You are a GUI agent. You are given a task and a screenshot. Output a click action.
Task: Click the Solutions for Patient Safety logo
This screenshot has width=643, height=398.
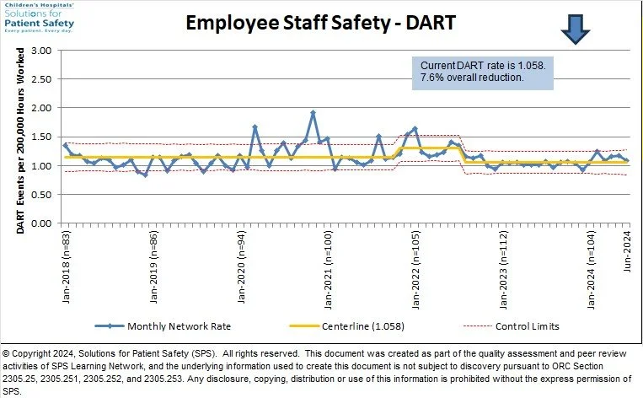tap(40, 16)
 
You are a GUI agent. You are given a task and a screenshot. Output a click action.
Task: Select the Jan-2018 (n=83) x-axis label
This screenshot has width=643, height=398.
tap(67, 266)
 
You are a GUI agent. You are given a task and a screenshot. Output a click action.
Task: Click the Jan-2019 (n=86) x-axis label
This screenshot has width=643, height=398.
tap(153, 266)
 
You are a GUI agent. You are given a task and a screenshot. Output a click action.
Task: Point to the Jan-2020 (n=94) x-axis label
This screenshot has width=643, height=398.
tap(241, 266)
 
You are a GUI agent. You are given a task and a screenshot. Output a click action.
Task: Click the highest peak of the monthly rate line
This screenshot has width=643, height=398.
tap(313, 113)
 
